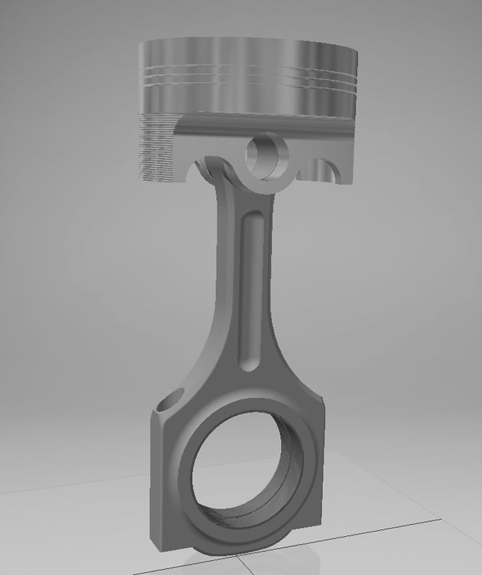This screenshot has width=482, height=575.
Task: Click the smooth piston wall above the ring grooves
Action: (247, 52)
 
